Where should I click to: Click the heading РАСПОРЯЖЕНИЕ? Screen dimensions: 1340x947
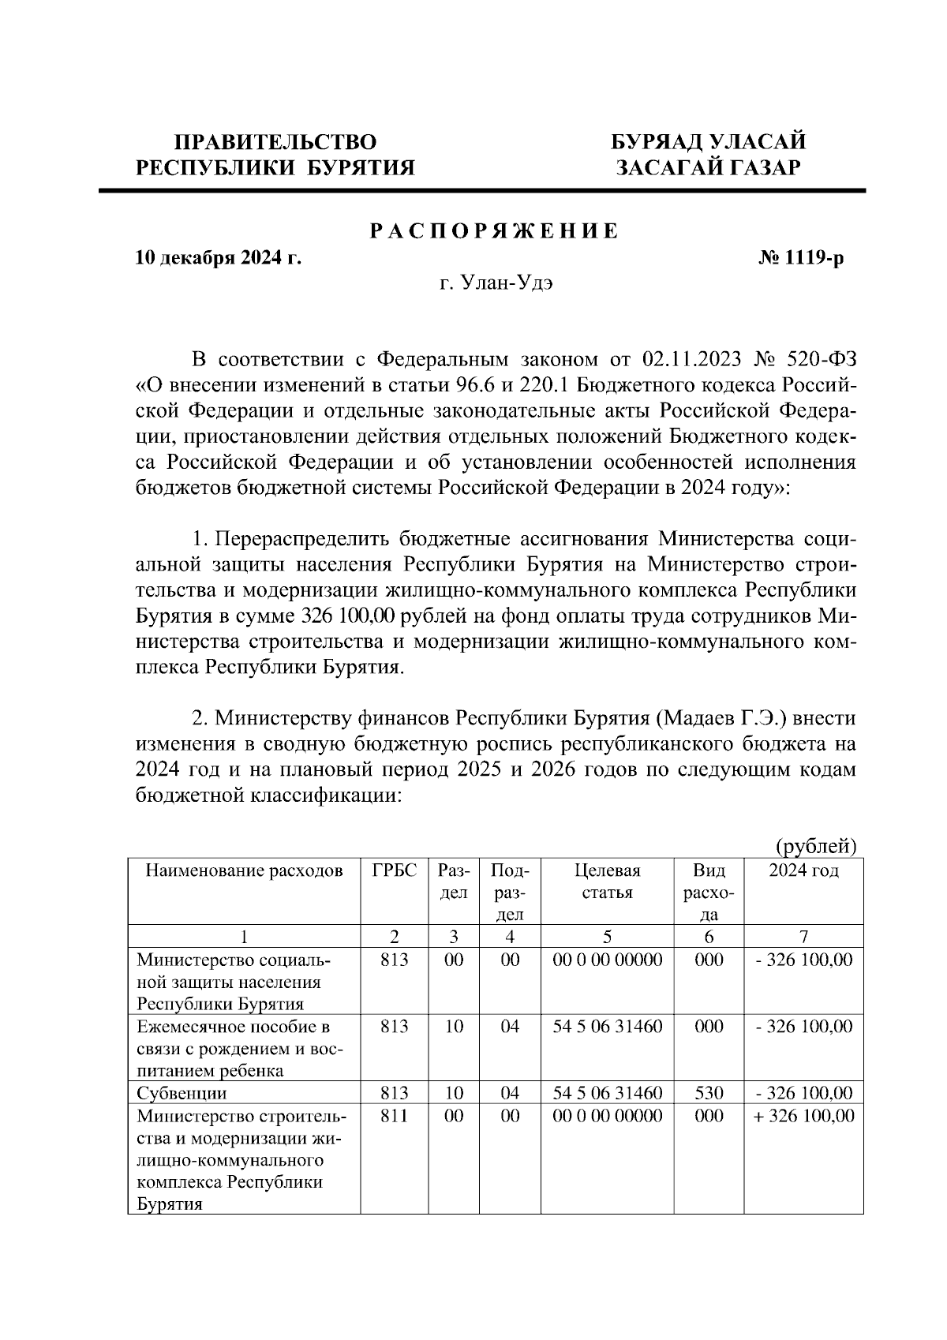coord(495,232)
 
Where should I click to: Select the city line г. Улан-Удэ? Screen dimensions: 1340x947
coord(496,284)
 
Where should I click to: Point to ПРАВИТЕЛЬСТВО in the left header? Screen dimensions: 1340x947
coord(275,142)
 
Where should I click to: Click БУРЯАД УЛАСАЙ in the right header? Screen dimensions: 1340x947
coord(709,142)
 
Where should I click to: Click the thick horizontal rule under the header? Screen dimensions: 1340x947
coord(481,190)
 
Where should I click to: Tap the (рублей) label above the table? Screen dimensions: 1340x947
coord(816,846)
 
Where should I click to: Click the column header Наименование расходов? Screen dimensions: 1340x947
coord(245,870)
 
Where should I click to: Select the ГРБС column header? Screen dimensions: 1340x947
coord(395,870)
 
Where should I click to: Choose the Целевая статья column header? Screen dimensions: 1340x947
coord(607,881)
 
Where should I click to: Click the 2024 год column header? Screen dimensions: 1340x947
coord(803,870)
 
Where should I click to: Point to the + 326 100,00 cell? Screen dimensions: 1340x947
coord(803,1116)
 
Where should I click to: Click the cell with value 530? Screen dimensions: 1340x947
coord(709,1093)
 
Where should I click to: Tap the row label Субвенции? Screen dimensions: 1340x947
coord(182,1093)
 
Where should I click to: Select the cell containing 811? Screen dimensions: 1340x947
coord(395,1116)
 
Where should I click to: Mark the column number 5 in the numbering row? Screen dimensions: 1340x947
coord(607,937)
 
